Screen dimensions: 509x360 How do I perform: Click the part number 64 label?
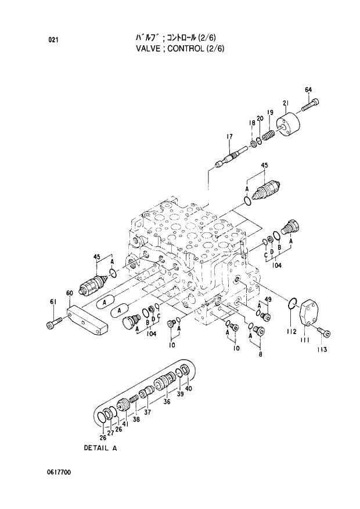click(308, 89)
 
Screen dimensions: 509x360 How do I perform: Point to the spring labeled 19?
click(268, 136)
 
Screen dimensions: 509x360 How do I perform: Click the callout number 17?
click(229, 137)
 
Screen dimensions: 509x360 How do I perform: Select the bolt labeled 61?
click(52, 323)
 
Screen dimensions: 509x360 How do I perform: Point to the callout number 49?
click(268, 299)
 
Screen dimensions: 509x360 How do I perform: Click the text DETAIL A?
click(100, 448)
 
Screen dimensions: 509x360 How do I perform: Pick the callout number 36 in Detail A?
click(166, 401)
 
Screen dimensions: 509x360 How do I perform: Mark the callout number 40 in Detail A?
click(188, 388)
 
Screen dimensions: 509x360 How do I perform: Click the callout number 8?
click(260, 353)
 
